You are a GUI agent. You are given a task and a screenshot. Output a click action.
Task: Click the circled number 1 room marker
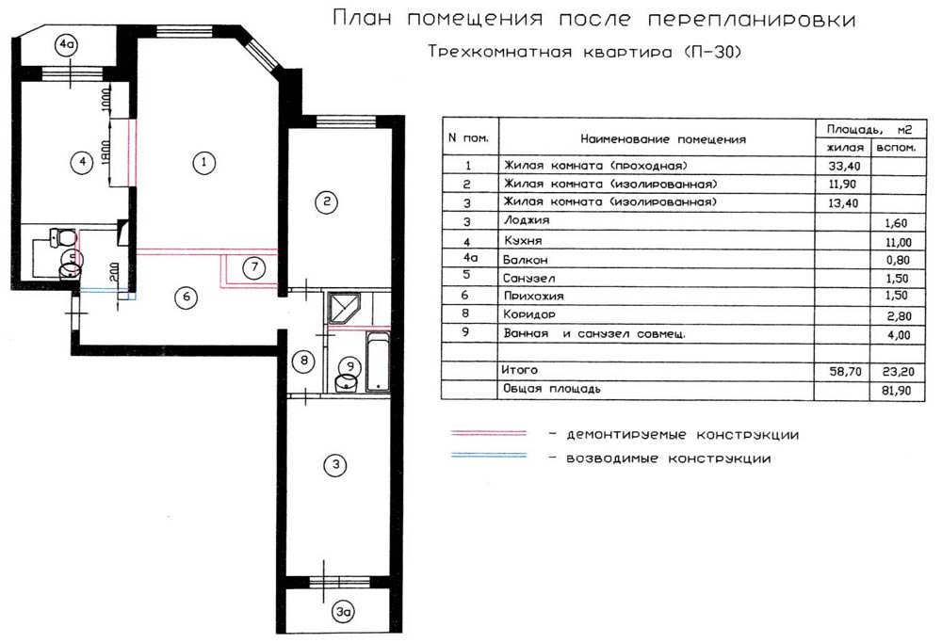pos(203,162)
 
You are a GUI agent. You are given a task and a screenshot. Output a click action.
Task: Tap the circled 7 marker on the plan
pos(254,267)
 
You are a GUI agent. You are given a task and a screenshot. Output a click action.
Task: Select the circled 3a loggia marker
pos(343,612)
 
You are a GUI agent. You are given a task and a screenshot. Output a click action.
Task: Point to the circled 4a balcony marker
pos(66,44)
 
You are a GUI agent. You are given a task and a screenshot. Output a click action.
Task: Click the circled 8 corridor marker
pos(304,361)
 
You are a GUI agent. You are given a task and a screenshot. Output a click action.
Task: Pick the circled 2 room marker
pos(326,201)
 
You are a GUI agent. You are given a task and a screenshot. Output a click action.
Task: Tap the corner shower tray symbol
pos(343,309)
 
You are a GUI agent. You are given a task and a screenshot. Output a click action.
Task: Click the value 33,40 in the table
pos(844,167)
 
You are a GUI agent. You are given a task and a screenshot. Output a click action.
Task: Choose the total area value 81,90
pos(896,391)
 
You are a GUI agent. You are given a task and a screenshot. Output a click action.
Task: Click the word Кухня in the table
pos(523,241)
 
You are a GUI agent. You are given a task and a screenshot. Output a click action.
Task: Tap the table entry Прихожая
pos(533,296)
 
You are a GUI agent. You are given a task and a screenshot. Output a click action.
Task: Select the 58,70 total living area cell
pos(845,372)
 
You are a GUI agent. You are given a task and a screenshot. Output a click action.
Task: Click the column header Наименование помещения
pos(662,139)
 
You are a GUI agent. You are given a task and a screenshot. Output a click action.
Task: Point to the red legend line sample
pos(489,433)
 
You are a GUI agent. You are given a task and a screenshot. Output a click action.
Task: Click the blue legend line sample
pos(489,456)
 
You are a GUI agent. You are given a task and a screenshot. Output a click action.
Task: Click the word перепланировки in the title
pos(752,19)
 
